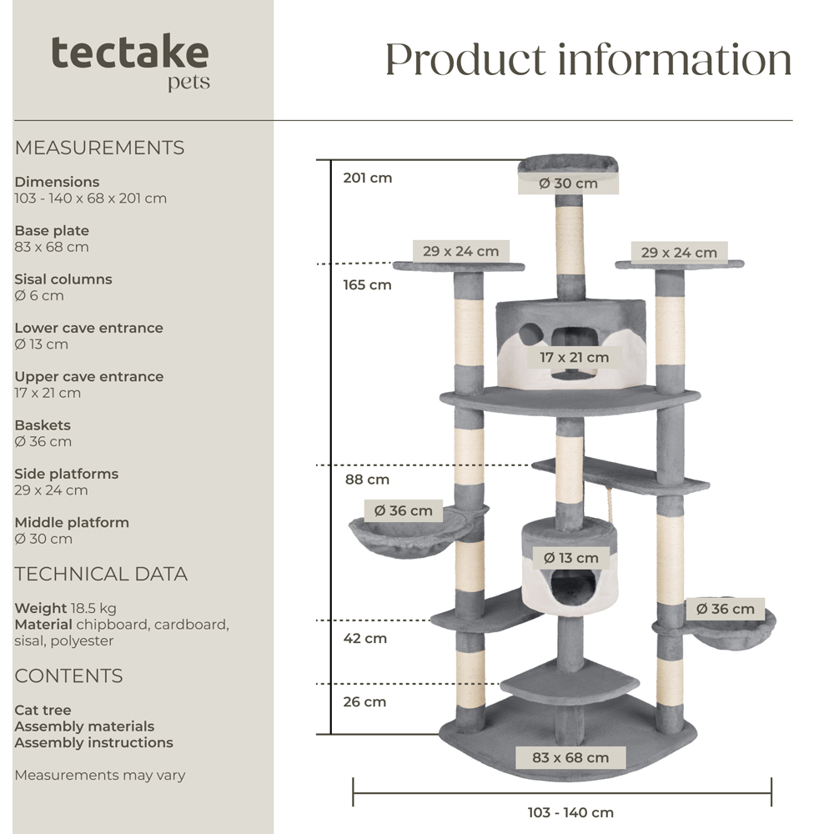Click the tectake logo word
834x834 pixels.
129,53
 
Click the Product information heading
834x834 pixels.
588,59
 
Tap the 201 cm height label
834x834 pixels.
367,178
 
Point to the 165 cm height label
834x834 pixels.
367,285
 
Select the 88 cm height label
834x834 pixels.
367,480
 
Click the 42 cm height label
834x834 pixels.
365,639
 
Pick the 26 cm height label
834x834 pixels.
365,702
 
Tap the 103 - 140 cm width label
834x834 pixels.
570,812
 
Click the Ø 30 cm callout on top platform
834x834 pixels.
568,183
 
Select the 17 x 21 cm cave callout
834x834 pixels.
574,358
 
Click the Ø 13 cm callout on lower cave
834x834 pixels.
570,558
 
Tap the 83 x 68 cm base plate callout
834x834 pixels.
570,758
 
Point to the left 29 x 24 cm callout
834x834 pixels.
460,251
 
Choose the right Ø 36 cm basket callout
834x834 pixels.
725,609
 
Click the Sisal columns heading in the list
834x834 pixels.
63,279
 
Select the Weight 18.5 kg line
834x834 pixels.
65,608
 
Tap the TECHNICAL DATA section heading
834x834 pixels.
101,574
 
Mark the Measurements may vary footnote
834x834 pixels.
99,776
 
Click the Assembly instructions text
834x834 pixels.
93,742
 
